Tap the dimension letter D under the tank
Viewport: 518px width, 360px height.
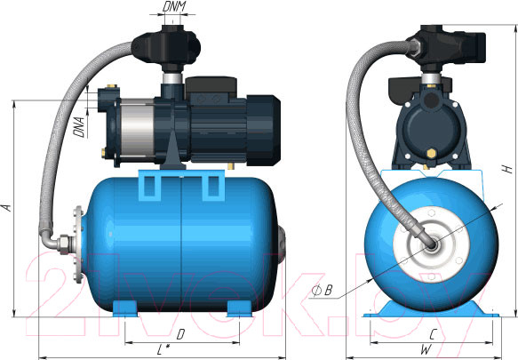180,334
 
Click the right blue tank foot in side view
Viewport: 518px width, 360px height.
238,309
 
